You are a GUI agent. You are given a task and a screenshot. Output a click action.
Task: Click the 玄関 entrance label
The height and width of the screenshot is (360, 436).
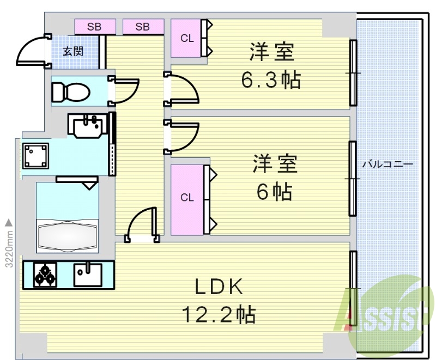pos(72,52)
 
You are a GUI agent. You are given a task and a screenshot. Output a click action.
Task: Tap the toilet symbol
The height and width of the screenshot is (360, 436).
pos(71,91)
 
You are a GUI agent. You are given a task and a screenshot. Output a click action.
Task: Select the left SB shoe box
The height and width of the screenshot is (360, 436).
pos(95,26)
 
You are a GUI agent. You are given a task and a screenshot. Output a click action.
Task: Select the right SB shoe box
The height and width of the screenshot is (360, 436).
pos(143,26)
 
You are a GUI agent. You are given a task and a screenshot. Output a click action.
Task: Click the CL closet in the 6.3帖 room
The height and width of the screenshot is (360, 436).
pos(186,38)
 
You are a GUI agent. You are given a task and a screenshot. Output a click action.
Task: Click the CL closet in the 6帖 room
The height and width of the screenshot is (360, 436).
pos(187,198)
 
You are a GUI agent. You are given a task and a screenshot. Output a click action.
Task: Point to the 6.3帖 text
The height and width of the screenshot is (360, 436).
pos(271,80)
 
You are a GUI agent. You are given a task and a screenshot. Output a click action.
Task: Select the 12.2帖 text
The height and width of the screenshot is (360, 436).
pos(219,314)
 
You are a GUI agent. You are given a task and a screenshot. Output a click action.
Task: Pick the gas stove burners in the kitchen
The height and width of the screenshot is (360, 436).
pos(45,274)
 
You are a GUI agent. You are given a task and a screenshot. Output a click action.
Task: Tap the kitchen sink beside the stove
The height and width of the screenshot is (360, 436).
pos(87,274)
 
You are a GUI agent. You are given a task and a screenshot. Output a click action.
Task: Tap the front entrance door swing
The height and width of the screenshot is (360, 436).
pos(33,51)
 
